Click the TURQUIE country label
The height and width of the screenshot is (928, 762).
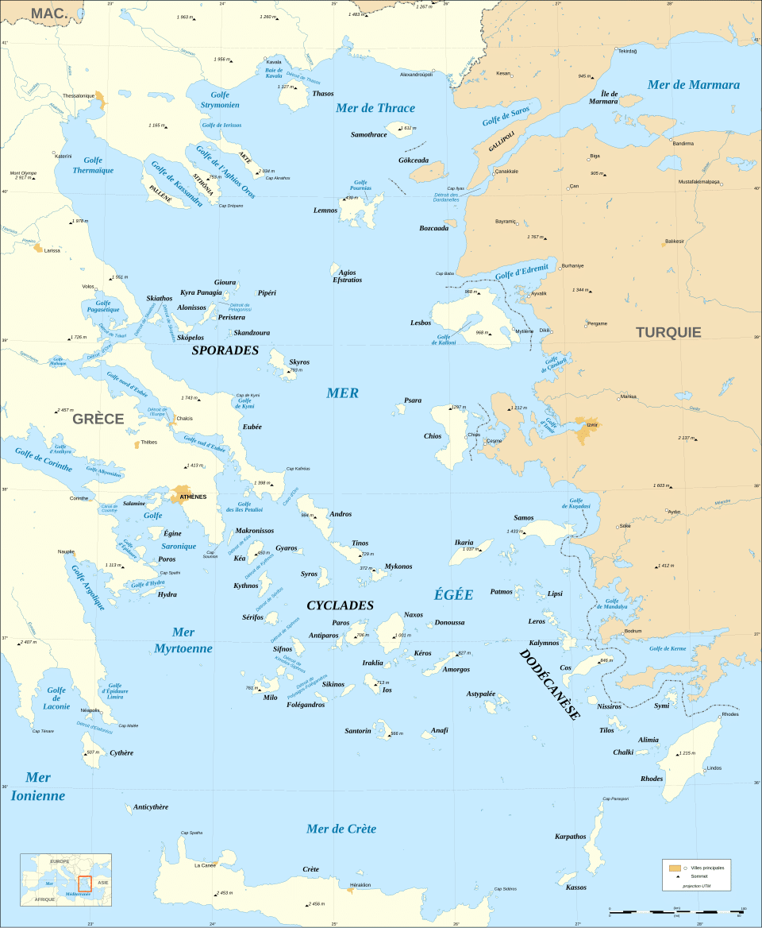pos(668,332)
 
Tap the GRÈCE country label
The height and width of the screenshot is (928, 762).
pos(98,419)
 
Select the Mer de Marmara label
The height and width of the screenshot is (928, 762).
pos(693,85)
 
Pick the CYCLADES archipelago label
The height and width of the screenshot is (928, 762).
pos(340,605)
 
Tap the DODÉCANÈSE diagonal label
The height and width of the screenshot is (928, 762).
pos(549,684)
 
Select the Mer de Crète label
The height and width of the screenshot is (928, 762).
pos(341,829)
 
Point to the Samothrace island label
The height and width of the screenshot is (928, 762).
pos(368,135)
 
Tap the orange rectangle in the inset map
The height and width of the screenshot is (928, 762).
pos(84,884)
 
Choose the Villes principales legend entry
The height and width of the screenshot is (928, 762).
pos(706,868)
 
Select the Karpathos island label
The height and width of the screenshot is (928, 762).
pos(570,836)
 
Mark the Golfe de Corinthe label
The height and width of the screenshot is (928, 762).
pos(42,460)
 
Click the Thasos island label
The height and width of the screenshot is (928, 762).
pos(323,94)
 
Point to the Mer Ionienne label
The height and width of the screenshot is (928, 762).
pos(37,787)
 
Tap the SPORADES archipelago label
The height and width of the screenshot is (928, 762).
pos(225,350)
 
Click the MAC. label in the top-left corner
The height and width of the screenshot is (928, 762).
pos(48,11)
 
